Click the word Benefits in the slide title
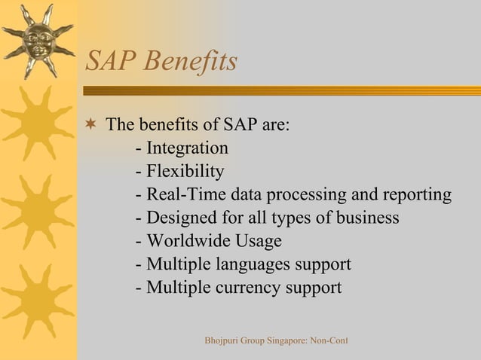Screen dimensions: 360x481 tap(191, 62)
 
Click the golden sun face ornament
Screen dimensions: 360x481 tap(38, 40)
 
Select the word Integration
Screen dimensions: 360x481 tap(187, 148)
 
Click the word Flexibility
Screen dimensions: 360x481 tap(185, 171)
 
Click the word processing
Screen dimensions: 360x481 tap(305, 195)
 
